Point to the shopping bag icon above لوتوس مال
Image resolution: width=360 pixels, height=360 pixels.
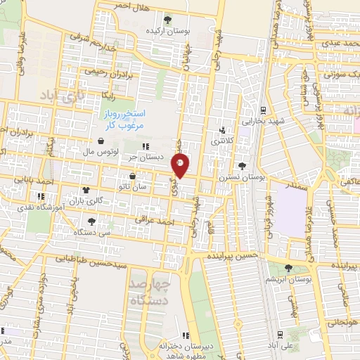[103, 141]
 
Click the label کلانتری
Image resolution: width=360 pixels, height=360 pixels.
[225, 141]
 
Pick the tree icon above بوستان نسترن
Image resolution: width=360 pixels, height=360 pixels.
[243, 167]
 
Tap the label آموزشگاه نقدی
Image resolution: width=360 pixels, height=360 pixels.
[61, 208]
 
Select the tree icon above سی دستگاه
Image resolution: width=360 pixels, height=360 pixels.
[92, 221]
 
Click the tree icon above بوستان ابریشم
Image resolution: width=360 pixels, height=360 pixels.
[288, 267]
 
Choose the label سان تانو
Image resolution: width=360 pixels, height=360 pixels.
[132, 186]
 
